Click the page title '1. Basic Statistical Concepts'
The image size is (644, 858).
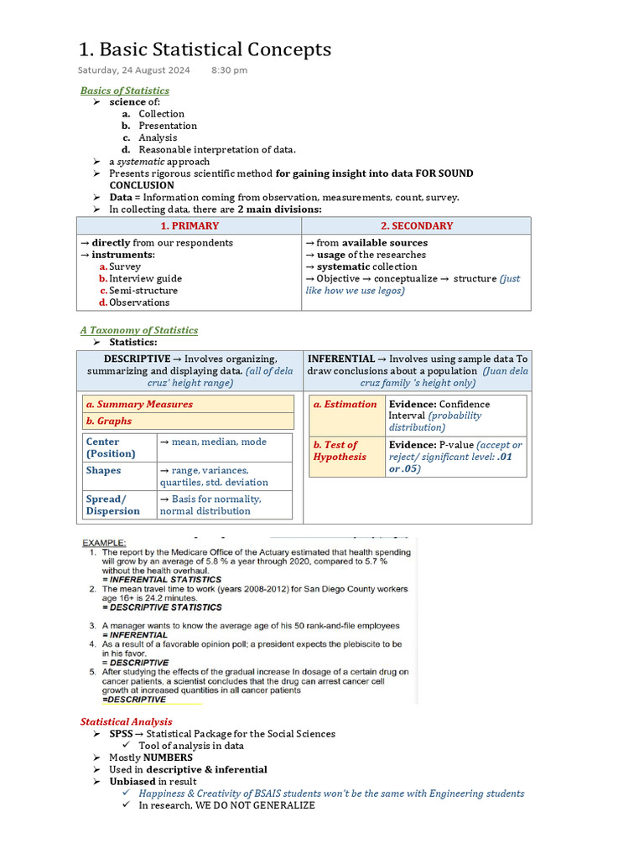(x=205, y=49)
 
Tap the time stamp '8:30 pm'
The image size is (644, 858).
(x=229, y=70)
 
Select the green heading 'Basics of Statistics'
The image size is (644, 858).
(x=124, y=90)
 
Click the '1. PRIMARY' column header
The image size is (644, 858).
(x=190, y=225)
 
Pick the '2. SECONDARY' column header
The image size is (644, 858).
(x=417, y=225)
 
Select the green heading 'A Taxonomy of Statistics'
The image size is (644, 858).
(x=139, y=330)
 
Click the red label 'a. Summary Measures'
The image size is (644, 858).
(x=139, y=404)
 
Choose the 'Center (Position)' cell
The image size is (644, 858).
(x=111, y=447)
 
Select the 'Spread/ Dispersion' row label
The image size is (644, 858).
(x=113, y=504)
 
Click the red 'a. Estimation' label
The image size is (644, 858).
(x=345, y=404)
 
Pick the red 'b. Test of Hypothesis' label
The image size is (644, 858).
(x=340, y=451)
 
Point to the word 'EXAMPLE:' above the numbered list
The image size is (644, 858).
(x=103, y=543)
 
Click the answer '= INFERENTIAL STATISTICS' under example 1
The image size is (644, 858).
(x=162, y=579)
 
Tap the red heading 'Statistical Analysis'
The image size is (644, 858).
(x=126, y=721)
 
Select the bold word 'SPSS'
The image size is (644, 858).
(x=121, y=734)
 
